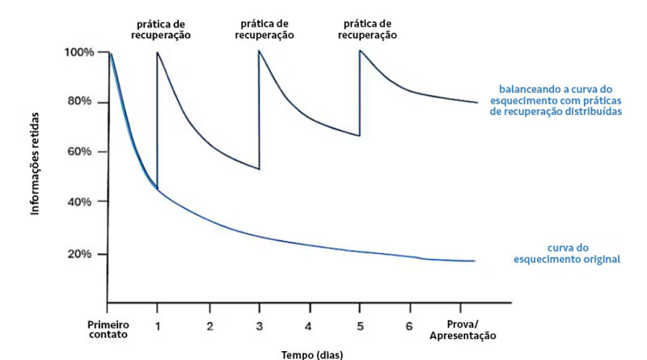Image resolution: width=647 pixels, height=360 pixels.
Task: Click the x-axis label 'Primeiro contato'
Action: [x=108, y=330]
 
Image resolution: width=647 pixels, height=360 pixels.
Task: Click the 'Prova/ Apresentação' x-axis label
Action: [x=462, y=330]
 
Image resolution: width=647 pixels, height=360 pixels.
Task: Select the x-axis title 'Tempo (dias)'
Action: [x=312, y=354]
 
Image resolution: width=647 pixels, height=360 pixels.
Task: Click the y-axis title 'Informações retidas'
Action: [x=36, y=163]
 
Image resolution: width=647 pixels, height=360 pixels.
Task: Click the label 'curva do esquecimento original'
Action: [x=566, y=253]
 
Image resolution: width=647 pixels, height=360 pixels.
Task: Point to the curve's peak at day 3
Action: [x=259, y=52]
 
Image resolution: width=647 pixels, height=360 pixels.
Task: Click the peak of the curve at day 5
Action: [x=360, y=52]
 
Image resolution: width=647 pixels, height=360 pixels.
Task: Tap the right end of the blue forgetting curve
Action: [x=474, y=261]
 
